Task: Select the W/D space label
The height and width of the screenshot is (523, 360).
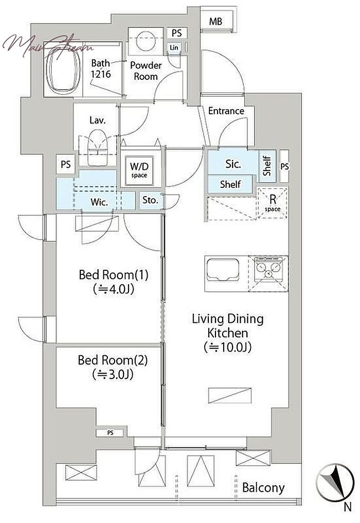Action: [x=139, y=170]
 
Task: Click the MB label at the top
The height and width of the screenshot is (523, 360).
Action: [x=215, y=22]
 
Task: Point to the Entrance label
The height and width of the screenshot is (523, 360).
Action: [x=226, y=111]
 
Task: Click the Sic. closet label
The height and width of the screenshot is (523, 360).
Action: [x=232, y=164]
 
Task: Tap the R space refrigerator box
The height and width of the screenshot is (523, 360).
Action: [x=273, y=203]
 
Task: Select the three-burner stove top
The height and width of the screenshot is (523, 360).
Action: [x=267, y=269]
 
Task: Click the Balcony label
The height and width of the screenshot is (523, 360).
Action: [x=263, y=488]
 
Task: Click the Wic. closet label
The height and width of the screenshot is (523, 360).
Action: [x=99, y=202]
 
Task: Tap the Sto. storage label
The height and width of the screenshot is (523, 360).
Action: [x=150, y=200]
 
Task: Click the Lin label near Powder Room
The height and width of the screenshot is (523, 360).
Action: [x=174, y=48]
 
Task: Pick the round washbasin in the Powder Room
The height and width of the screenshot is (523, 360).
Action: [x=146, y=41]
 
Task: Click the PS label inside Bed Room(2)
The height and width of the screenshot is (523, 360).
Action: [x=111, y=433]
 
